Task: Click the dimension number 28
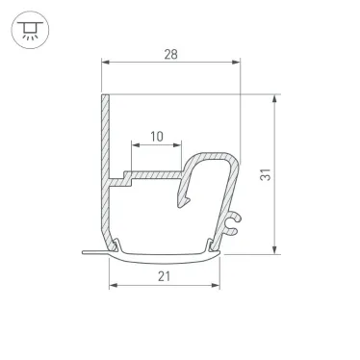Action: (x=169, y=56)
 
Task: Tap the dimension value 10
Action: (x=153, y=137)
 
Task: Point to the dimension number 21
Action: (x=162, y=276)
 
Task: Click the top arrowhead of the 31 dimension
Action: (x=277, y=99)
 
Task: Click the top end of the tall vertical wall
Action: (x=101, y=97)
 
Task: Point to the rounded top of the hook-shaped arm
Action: (x=218, y=156)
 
